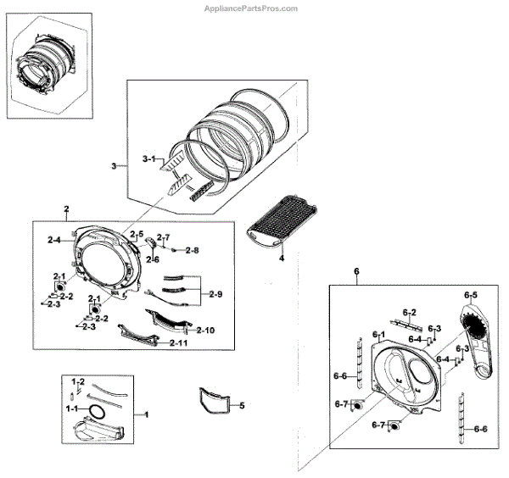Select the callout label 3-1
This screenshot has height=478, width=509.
149,158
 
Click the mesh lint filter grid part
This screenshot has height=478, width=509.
282,223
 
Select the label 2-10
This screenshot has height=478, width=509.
206,329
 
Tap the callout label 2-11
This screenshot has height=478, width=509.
179,343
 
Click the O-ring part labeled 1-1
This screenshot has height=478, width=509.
98,412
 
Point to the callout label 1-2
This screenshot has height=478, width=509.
77,381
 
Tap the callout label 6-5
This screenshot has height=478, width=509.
471,294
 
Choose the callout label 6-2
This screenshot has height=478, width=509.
409,312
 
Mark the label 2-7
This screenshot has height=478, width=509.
165,236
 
